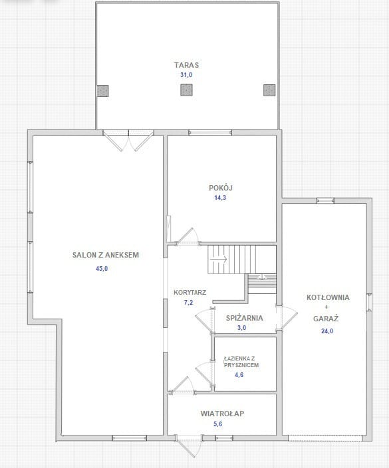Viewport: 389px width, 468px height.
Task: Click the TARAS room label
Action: pyautogui.click(x=186, y=65)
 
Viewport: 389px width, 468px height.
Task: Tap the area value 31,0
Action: pyautogui.click(x=186, y=75)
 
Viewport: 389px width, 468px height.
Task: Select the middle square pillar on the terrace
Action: pyautogui.click(x=186, y=90)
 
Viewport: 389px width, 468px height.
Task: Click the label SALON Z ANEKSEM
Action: pyautogui.click(x=106, y=255)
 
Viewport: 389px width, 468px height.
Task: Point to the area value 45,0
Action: pyautogui.click(x=102, y=269)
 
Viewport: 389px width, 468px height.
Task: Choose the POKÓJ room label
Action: pyautogui.click(x=221, y=188)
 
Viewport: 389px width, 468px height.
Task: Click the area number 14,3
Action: pyautogui.click(x=220, y=198)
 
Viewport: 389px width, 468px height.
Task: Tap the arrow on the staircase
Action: pyautogui.click(x=218, y=259)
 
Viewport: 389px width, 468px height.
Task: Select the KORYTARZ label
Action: pyautogui.click(x=190, y=293)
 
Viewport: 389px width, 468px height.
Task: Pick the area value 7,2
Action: pyautogui.click(x=188, y=302)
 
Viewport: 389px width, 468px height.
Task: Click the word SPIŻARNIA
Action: pyautogui.click(x=244, y=318)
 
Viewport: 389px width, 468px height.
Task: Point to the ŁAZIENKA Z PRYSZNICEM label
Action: pyautogui.click(x=241, y=362)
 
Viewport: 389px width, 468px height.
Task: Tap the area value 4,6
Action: pyautogui.click(x=239, y=374)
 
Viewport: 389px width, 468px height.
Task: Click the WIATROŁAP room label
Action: pyautogui.click(x=222, y=414)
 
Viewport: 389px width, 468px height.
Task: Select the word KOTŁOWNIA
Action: pyautogui.click(x=328, y=297)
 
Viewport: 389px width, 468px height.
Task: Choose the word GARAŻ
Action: pyautogui.click(x=326, y=319)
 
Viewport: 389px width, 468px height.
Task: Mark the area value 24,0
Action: pyautogui.click(x=327, y=331)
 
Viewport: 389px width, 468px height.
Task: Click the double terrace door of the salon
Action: pyautogui.click(x=128, y=139)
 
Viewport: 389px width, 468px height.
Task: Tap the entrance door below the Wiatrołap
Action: pyautogui.click(x=189, y=445)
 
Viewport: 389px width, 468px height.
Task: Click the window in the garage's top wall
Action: pyautogui.click(x=325, y=200)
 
